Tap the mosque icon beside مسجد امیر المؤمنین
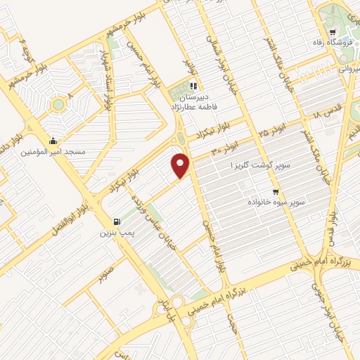pos(53,140)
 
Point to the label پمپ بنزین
pos(115,232)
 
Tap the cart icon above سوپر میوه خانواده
pos(276,191)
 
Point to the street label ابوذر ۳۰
pos(226,150)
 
